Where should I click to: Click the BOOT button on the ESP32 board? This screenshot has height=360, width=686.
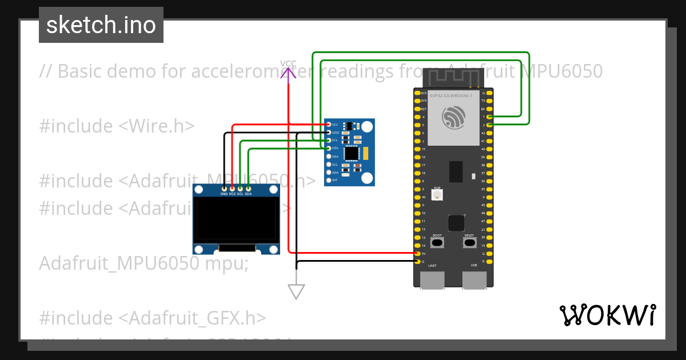coord(437,243)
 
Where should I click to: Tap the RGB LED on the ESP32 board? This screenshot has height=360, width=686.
coord(437,195)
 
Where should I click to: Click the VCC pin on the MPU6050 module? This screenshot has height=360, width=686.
coord(328,124)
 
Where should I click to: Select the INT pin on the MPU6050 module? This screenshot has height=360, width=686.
coord(328,180)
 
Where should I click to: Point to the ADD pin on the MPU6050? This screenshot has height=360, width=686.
coord(328,172)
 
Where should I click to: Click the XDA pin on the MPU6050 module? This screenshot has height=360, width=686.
coord(328,156)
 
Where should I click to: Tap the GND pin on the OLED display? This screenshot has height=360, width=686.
coord(224,188)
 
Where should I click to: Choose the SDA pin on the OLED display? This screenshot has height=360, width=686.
coord(248,188)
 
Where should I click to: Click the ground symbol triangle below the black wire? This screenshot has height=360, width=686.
coord(296,291)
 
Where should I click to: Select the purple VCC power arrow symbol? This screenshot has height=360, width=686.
coord(288,72)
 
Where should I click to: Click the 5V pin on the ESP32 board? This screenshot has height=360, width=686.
coord(417,253)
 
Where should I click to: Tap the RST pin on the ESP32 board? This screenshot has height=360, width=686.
coord(417,109)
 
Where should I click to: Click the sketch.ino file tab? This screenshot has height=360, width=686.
coord(101,25)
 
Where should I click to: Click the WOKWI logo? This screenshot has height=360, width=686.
coord(607,315)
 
